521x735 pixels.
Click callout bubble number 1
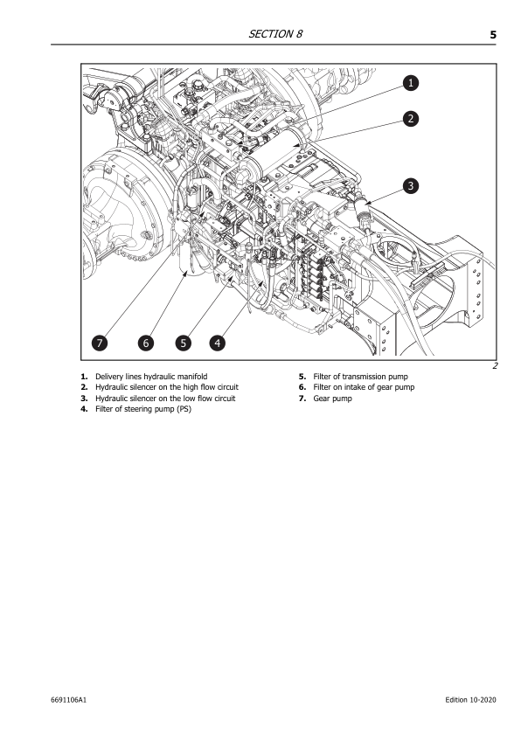(x=410, y=82)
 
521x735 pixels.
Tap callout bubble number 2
(x=410, y=117)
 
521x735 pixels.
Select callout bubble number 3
(x=410, y=184)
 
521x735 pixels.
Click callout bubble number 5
(x=183, y=343)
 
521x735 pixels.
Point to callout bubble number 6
(x=146, y=343)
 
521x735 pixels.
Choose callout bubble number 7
(x=102, y=343)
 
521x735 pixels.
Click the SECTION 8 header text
(x=275, y=34)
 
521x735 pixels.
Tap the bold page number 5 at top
(x=493, y=35)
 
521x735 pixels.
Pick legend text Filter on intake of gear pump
(x=364, y=386)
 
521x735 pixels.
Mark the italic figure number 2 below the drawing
(x=495, y=366)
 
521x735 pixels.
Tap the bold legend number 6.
(x=301, y=386)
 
